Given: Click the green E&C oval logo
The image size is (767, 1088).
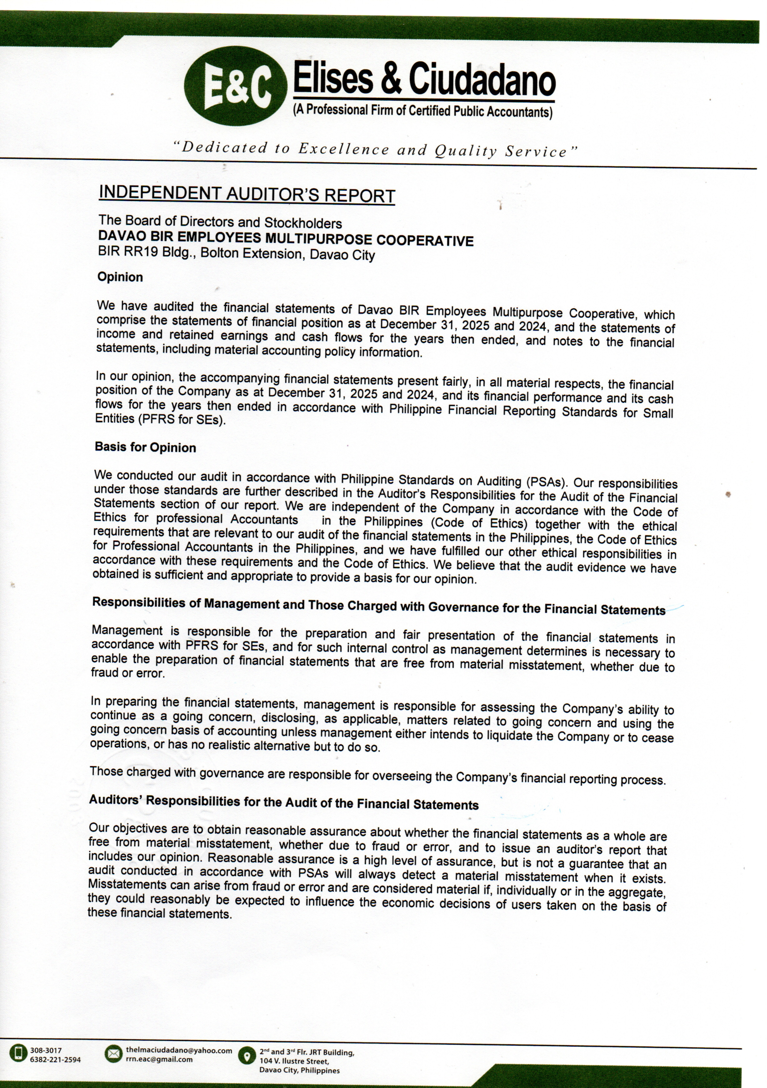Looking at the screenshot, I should pyautogui.click(x=235, y=86).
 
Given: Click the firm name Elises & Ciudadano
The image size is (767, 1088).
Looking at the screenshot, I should pyautogui.click(x=424, y=79).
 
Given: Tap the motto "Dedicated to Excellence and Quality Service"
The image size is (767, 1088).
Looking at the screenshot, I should pyautogui.click(x=376, y=149).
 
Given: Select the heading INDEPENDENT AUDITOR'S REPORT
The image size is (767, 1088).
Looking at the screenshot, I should pyautogui.click(x=247, y=194).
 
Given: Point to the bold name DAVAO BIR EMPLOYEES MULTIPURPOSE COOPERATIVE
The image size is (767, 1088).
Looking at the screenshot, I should pyautogui.click(x=286, y=238).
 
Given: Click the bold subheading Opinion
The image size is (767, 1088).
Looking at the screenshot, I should pyautogui.click(x=120, y=277).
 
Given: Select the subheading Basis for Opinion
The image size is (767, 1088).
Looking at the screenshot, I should pyautogui.click(x=145, y=447).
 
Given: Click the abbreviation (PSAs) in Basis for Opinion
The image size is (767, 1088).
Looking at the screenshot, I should pyautogui.click(x=546, y=482).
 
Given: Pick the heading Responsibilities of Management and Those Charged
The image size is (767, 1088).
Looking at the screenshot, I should pyautogui.click(x=378, y=606).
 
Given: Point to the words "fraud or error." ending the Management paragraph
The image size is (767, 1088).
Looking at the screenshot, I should pyautogui.click(x=128, y=673).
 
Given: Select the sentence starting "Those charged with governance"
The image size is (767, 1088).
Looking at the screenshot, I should pyautogui.click(x=377, y=775).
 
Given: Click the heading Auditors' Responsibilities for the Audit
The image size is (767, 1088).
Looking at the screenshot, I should pyautogui.click(x=284, y=802).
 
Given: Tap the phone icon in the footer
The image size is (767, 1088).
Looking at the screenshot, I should pyautogui.click(x=18, y=1055).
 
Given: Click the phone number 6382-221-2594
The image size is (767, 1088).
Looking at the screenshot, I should pyautogui.click(x=55, y=1059).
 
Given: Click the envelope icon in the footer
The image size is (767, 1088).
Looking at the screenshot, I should pyautogui.click(x=113, y=1054).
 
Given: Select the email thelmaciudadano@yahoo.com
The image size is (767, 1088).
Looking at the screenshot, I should pyautogui.click(x=179, y=1050).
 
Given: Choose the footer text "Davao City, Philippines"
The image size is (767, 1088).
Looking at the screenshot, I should pyautogui.click(x=299, y=1071).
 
